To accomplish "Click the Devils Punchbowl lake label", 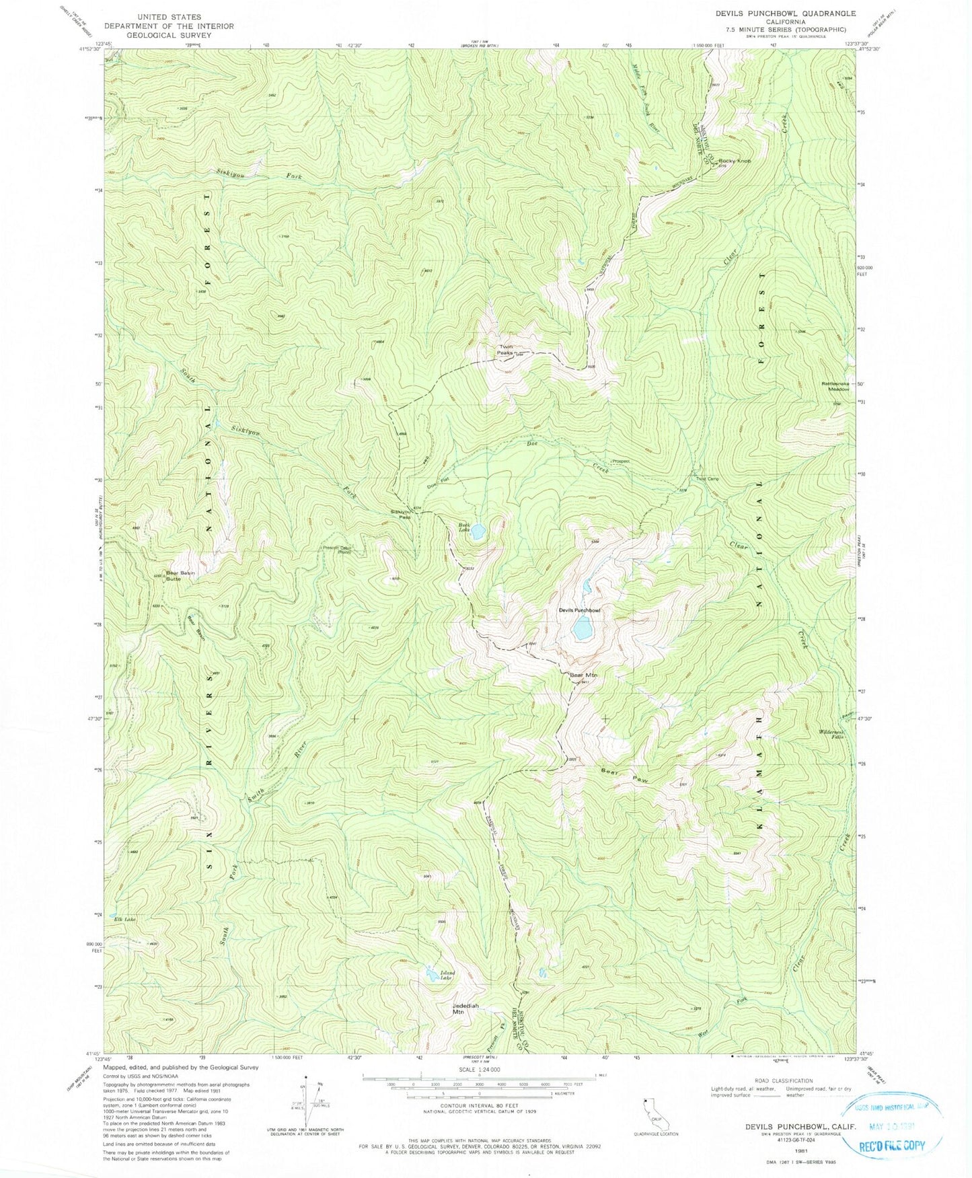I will point(578,610).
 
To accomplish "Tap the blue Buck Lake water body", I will point(478,531).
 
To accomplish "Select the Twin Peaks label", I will point(506,350).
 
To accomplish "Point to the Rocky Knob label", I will point(734,161).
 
